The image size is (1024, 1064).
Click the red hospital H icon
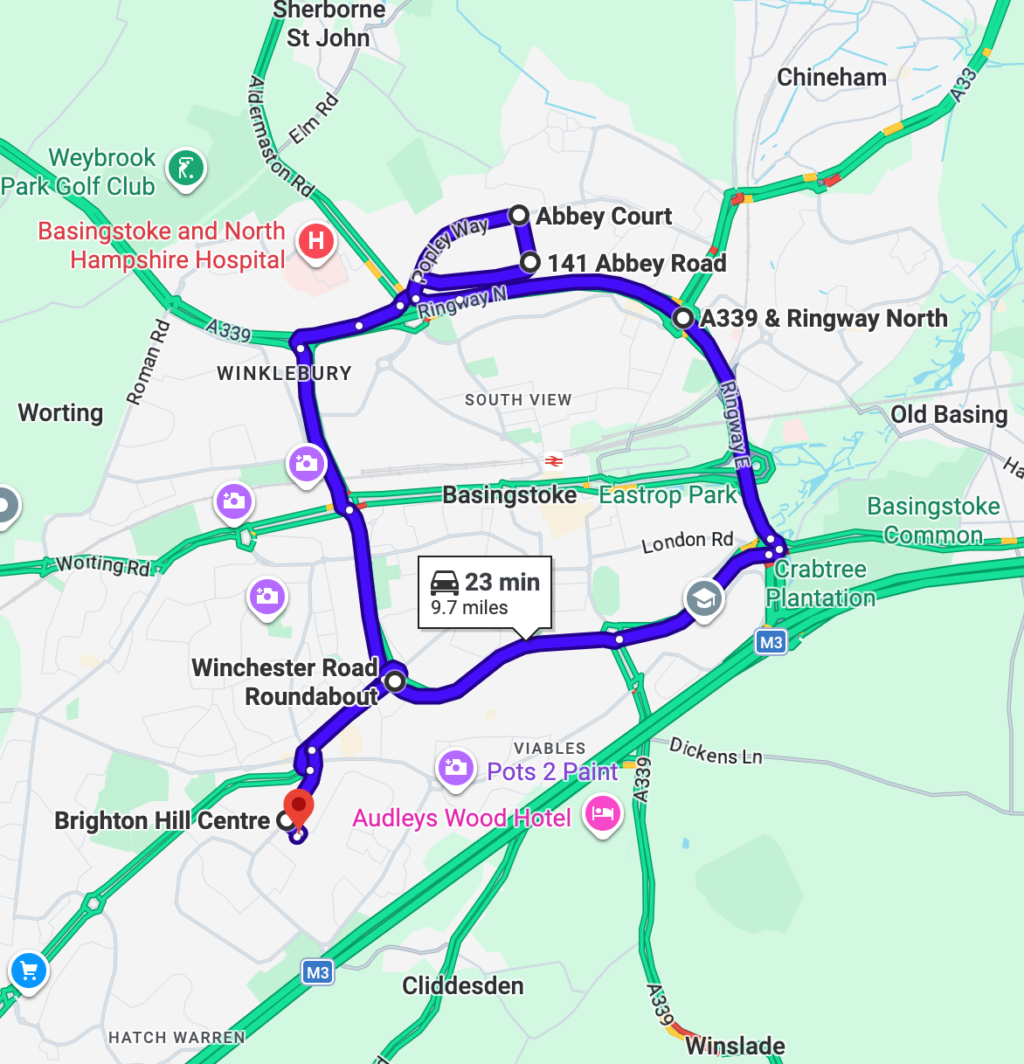316,240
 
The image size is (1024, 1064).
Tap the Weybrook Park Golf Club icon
185,167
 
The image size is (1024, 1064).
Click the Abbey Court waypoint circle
519,215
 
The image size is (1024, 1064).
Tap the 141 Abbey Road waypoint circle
529,262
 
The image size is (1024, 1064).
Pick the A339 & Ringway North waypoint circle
682,317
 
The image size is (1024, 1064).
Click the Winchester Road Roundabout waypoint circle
395,681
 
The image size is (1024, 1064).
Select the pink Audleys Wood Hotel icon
602,813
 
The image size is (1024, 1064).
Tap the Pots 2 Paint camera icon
455,768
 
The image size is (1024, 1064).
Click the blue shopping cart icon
28,971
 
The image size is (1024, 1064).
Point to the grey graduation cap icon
703,599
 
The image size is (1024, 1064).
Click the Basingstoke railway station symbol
553,460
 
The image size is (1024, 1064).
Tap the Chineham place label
832,78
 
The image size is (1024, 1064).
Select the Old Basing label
949,414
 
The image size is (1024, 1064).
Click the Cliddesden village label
463,986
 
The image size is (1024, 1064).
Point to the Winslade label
735,1046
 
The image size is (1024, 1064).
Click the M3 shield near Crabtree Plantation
771,643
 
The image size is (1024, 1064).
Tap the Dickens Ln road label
716,751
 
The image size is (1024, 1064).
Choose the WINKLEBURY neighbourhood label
284,374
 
